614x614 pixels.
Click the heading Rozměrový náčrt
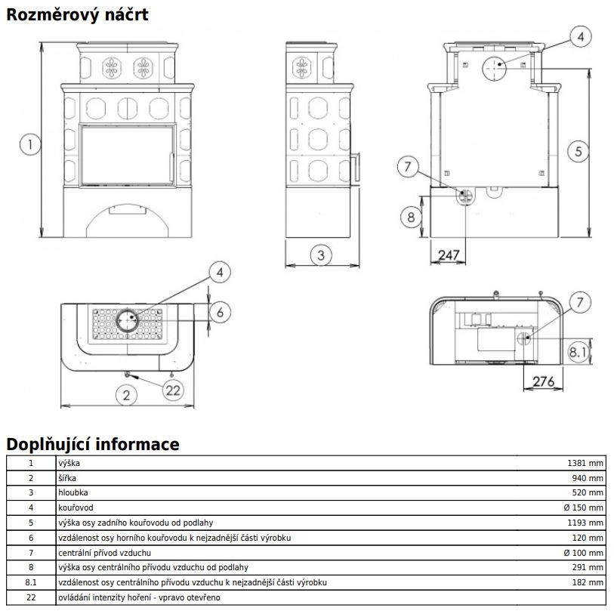click(x=77, y=15)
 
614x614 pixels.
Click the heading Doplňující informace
click(x=93, y=444)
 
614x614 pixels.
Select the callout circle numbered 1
click(x=30, y=144)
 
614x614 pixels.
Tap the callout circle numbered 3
click(x=321, y=255)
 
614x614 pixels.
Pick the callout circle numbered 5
click(x=579, y=152)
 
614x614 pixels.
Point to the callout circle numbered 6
click(x=220, y=312)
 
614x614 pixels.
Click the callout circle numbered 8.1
click(x=578, y=352)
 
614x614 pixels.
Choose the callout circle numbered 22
click(x=173, y=390)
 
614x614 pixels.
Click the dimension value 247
click(x=449, y=255)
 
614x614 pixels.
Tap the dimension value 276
click(x=544, y=381)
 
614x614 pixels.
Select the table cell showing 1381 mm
click(x=585, y=463)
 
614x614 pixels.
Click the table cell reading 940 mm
click(x=588, y=478)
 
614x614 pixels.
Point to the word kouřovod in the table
click(x=76, y=508)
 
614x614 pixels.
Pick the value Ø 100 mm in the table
click(x=584, y=553)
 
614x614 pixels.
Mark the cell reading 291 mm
click(x=588, y=567)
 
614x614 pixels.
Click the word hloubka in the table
click(x=73, y=492)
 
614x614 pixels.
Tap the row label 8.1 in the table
click(x=31, y=583)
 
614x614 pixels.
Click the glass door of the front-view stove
click(x=128, y=155)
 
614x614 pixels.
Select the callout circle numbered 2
click(x=126, y=395)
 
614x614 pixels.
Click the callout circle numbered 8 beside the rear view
click(x=411, y=217)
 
